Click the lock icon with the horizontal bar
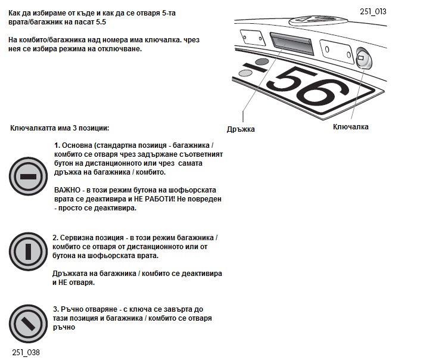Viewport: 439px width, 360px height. (x=27, y=177)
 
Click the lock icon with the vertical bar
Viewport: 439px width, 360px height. (x=27, y=251)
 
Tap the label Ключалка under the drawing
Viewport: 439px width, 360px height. (x=350, y=126)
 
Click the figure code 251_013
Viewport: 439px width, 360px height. (x=373, y=11)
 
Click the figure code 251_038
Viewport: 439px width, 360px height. (x=26, y=352)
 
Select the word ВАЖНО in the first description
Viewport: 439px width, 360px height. (x=67, y=190)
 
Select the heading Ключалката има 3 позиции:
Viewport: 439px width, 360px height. (x=60, y=128)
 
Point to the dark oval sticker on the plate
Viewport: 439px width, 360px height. (x=261, y=61)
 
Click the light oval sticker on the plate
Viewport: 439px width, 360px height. (x=245, y=73)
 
